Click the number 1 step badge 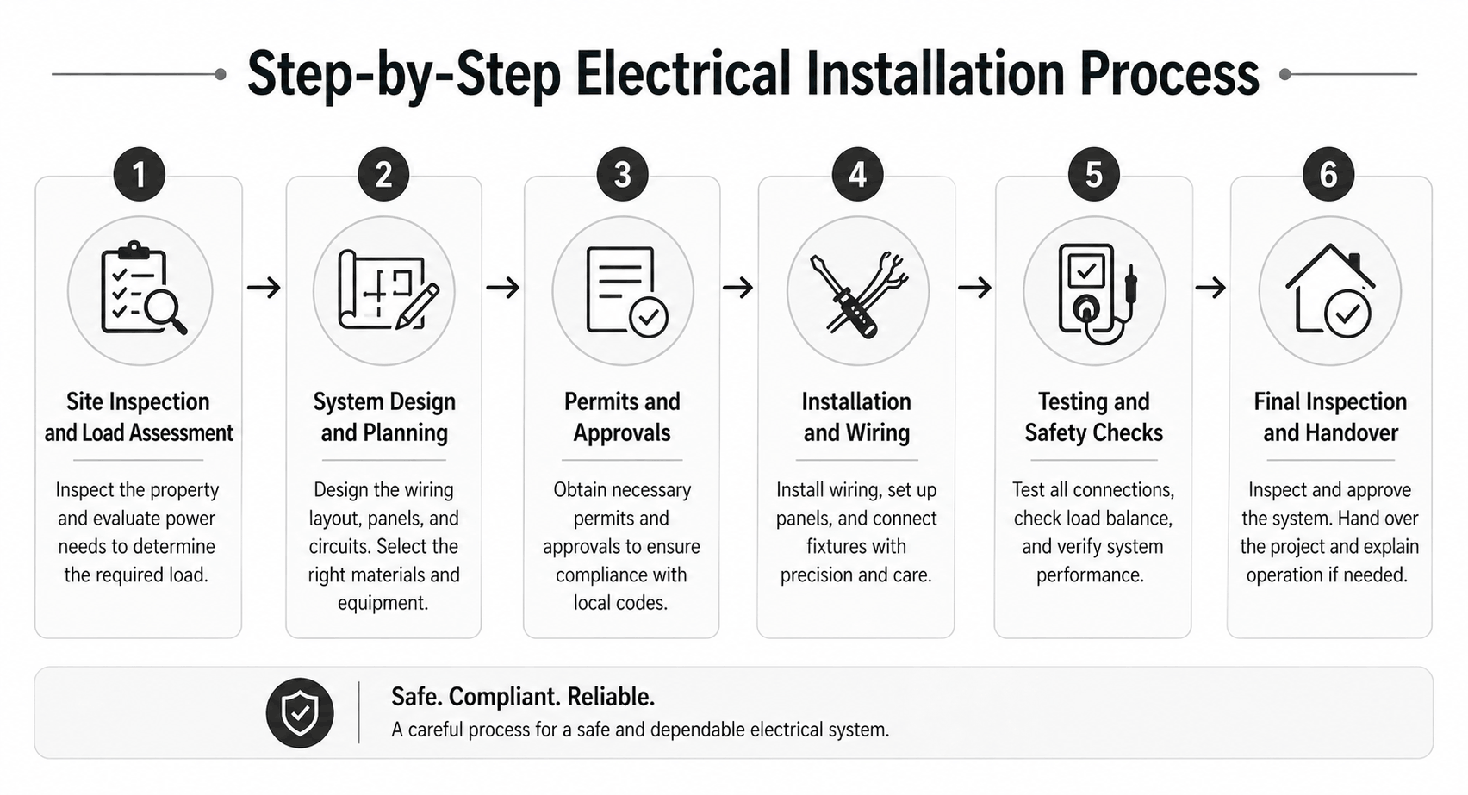pyautogui.click(x=139, y=175)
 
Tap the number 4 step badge pyautogui.click(x=857, y=175)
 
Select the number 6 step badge pyautogui.click(x=1328, y=175)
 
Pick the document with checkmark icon pyautogui.click(x=623, y=290)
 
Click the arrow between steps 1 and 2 pyautogui.click(x=264, y=287)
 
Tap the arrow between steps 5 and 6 pyautogui.click(x=1210, y=287)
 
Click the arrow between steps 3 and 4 pyautogui.click(x=738, y=287)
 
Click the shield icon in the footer pyautogui.click(x=300, y=712)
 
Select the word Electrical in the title pyautogui.click(x=683, y=74)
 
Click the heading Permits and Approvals pyautogui.click(x=622, y=417)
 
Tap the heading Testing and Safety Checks pyautogui.click(x=1093, y=417)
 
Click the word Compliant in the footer pyautogui.click(x=513, y=696)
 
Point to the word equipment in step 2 pyautogui.click(x=383, y=603)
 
